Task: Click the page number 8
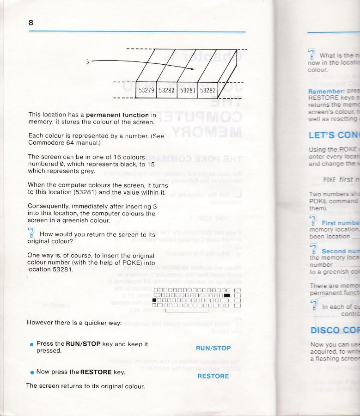point(31,23)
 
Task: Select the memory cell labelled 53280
point(168,91)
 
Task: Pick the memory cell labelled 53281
point(188,91)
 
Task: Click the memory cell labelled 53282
point(207,91)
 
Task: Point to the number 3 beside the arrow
point(87,61)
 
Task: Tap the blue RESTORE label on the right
point(213,363)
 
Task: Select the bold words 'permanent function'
point(117,115)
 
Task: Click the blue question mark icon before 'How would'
point(31,232)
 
